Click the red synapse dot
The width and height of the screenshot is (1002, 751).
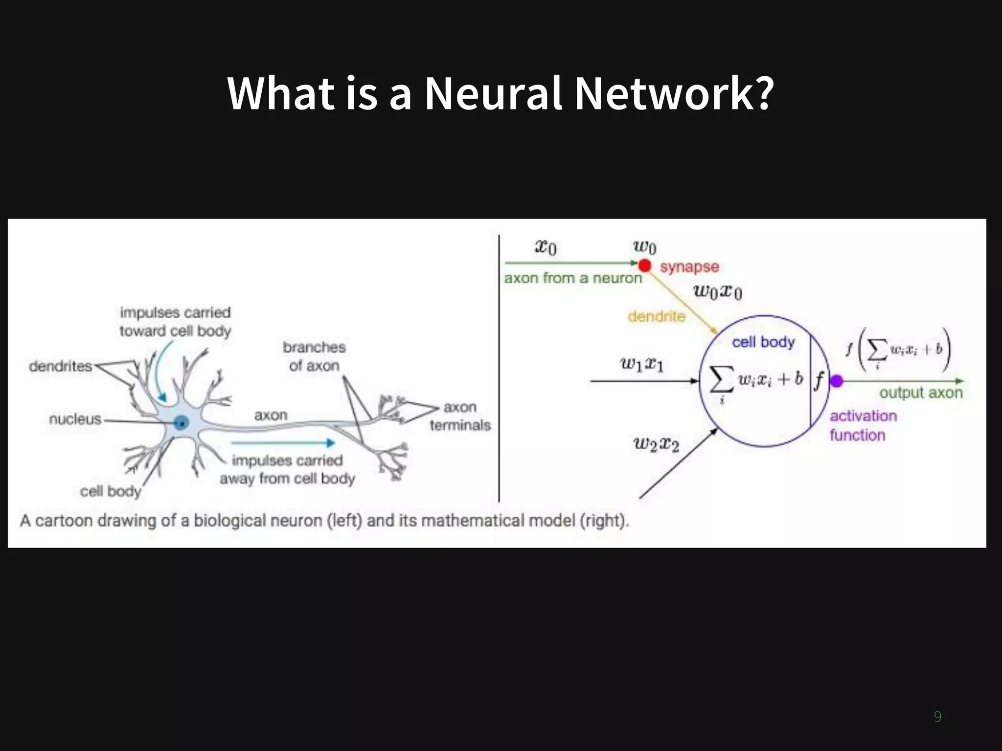pos(645,265)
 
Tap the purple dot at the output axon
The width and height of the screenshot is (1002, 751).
pos(837,380)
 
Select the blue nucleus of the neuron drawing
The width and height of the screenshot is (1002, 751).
pos(182,422)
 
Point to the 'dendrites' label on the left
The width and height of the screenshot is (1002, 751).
pos(61,366)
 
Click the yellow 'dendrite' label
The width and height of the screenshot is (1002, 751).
pos(657,316)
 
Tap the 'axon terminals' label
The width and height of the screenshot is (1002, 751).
pos(460,416)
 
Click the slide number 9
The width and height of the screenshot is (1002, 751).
pos(937,716)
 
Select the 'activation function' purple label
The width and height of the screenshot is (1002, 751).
pos(863,425)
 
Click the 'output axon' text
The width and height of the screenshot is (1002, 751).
pos(921,393)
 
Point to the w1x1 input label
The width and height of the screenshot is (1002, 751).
pos(642,364)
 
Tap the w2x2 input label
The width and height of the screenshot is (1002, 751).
pos(657,444)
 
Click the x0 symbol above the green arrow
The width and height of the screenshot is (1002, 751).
pos(546,247)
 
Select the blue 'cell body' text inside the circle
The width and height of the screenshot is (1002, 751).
pos(763,342)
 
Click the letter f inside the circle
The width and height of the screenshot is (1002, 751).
pos(819,380)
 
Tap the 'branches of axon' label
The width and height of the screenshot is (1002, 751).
pos(314,356)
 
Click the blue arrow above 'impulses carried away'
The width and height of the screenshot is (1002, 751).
pos(283,443)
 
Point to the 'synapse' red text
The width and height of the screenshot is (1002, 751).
pos(689,267)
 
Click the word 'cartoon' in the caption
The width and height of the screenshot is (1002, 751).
pos(64,521)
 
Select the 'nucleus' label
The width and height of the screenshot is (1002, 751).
pos(75,419)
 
